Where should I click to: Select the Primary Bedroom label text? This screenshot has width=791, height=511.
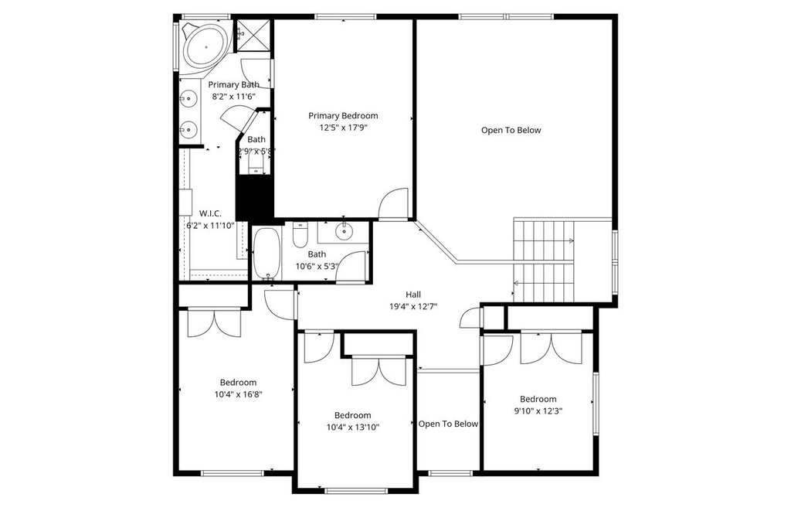click(343, 116)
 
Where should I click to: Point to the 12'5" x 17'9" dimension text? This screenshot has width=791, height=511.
click(343, 128)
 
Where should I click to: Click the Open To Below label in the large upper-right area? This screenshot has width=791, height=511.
click(511, 131)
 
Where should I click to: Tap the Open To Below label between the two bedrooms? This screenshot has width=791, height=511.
click(448, 424)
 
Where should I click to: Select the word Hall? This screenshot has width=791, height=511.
click(413, 295)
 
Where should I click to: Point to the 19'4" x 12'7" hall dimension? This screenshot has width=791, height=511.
click(413, 306)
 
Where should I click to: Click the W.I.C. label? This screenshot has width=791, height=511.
click(210, 213)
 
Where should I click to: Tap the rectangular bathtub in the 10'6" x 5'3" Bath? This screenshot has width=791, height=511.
click(267, 253)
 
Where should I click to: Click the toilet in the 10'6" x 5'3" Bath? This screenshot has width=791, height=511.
click(300, 233)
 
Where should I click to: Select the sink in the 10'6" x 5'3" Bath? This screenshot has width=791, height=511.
click(343, 231)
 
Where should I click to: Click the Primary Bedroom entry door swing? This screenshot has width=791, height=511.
click(393, 205)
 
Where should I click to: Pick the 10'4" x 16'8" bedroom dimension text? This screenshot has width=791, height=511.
click(237, 394)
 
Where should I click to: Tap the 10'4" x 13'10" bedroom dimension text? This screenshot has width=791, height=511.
click(352, 427)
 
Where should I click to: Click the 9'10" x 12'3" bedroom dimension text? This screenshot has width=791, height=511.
click(538, 411)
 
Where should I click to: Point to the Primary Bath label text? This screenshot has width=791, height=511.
click(233, 85)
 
